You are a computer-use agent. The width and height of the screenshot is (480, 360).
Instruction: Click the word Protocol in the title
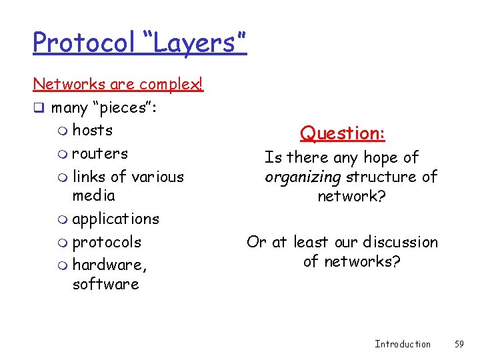pyautogui.click(x=84, y=43)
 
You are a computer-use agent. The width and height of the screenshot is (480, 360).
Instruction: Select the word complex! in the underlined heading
pyautogui.click(x=170, y=85)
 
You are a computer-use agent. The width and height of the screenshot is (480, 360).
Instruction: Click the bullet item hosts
pyautogui.click(x=92, y=130)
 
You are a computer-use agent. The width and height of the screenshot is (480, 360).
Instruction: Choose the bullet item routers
pyautogui.click(x=100, y=153)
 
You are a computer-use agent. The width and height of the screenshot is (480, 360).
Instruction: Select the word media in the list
pyautogui.click(x=93, y=195)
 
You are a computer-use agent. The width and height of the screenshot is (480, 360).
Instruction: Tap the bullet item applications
pyautogui.click(x=115, y=219)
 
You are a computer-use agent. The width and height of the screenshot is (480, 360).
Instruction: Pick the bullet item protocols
pyautogui.click(x=107, y=241)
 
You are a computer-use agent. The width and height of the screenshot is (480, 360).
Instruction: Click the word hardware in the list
pyautogui.click(x=108, y=265)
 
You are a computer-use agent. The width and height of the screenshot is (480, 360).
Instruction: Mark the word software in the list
pyautogui.click(x=105, y=284)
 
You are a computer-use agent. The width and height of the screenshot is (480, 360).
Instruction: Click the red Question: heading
pyautogui.click(x=343, y=133)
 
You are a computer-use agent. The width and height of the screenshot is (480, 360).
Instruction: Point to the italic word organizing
pyautogui.click(x=302, y=177)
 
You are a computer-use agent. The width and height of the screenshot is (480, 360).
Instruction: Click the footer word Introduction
pyautogui.click(x=403, y=344)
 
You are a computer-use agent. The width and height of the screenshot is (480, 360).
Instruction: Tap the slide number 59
pyautogui.click(x=459, y=344)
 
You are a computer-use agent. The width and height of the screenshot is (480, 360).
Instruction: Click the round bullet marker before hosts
pyautogui.click(x=63, y=131)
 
